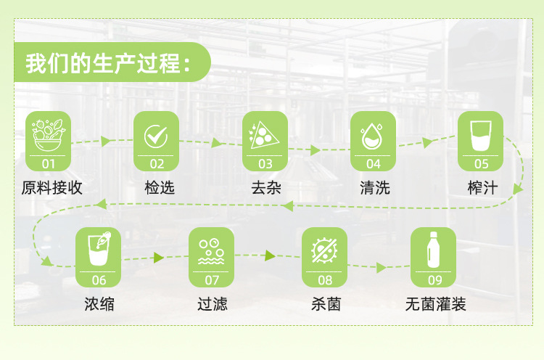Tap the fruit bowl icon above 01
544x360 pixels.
point(48,135)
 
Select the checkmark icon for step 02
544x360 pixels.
point(156,136)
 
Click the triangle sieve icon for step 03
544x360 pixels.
point(264,135)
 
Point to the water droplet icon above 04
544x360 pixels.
point(372,136)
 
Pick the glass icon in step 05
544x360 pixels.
point(480,136)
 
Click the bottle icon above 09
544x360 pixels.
point(433,250)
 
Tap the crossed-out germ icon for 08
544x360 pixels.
point(324,250)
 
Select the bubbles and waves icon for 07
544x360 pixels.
point(211,251)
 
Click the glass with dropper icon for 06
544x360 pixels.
point(99,248)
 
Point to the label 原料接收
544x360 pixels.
point(52,188)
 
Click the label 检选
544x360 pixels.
point(160,188)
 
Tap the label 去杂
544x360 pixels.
point(266,188)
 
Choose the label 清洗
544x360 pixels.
point(375,188)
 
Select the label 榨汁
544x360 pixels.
point(482,188)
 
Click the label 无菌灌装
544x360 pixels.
point(436,304)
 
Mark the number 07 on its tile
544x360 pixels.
point(212,280)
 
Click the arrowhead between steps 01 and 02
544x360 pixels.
point(105,141)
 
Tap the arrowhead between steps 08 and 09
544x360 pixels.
point(381,267)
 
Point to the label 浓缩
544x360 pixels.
point(99,304)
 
